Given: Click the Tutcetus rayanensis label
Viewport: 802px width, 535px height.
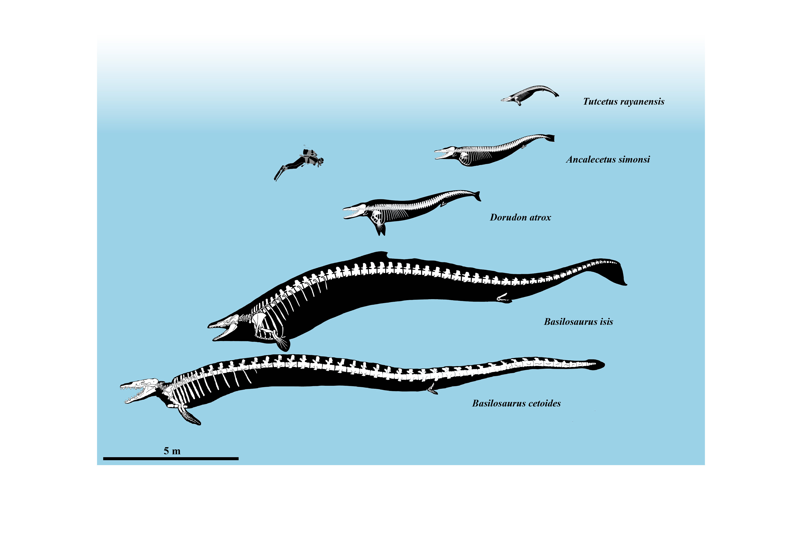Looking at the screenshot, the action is click(x=623, y=101).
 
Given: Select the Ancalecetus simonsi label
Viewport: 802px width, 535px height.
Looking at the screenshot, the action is click(x=608, y=159).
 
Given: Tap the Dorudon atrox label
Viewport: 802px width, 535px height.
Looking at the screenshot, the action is click(x=520, y=217).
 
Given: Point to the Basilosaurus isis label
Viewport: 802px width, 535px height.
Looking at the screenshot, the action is click(x=578, y=322).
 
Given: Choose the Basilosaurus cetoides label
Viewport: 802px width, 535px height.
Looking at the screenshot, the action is click(x=516, y=403).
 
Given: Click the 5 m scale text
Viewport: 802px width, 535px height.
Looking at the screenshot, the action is click(x=172, y=451).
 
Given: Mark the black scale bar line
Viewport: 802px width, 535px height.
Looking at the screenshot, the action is click(x=171, y=458).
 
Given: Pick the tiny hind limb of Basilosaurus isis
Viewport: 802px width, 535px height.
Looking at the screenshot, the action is click(x=504, y=298).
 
